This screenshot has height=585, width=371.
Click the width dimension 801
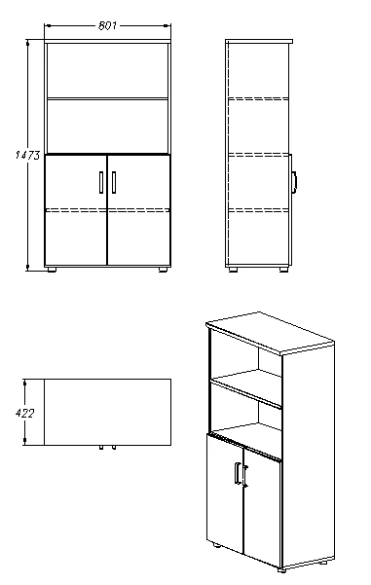107,25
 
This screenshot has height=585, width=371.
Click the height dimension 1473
27,155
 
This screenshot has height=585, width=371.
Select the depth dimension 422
24,414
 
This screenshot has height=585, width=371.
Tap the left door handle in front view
101,182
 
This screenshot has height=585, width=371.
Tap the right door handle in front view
114,182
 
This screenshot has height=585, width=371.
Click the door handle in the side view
294,182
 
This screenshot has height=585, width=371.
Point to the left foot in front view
52,269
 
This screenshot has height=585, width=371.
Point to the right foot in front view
164,269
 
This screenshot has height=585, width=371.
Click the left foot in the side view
234,269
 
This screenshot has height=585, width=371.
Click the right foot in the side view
283,269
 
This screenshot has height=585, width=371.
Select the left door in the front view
76,210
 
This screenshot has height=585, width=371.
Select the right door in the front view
139,210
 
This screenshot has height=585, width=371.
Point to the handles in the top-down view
107,448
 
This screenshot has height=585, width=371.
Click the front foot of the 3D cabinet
281,570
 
